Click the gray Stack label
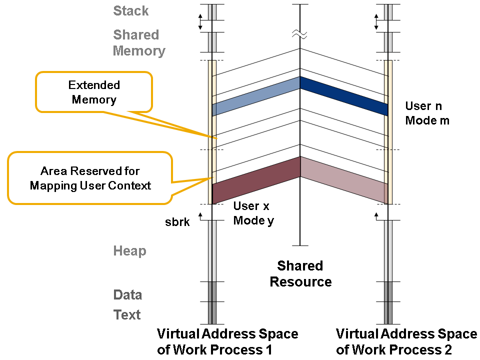[x=131, y=11]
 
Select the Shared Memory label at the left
[x=138, y=43]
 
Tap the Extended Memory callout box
[x=93, y=92]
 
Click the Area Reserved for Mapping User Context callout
[x=90, y=178]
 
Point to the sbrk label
[x=177, y=222]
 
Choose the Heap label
[x=129, y=251]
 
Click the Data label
[x=127, y=295]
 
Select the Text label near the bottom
[x=127, y=315]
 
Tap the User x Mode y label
[x=253, y=213]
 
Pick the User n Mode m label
[x=427, y=113]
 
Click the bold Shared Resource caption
[x=300, y=273]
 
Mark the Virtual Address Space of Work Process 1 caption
[x=227, y=342]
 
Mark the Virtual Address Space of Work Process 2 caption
[x=406, y=342]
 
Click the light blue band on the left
[x=256, y=96]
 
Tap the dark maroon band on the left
[x=256, y=179]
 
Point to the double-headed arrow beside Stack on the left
[x=200, y=21]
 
